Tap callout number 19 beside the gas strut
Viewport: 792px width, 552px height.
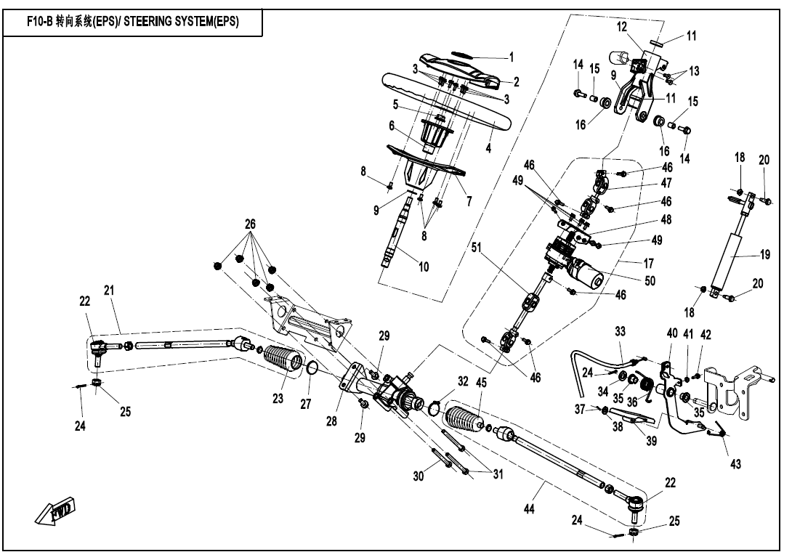(765, 255)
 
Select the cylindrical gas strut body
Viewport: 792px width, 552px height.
(728, 260)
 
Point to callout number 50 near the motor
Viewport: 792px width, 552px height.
(650, 281)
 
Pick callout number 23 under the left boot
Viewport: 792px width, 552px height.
(278, 399)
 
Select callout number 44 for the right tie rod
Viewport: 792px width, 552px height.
(529, 509)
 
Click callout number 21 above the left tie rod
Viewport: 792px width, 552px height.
(109, 291)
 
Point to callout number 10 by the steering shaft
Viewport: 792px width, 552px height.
(424, 267)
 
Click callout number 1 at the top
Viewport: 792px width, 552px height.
(511, 57)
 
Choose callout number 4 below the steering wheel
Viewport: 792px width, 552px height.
(488, 148)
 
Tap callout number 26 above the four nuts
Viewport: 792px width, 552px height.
(251, 224)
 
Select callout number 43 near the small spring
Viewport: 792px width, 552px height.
(735, 463)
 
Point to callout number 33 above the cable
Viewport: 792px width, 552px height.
(620, 331)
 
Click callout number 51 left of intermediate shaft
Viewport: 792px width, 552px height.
(477, 248)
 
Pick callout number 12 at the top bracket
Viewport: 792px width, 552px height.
(622, 26)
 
